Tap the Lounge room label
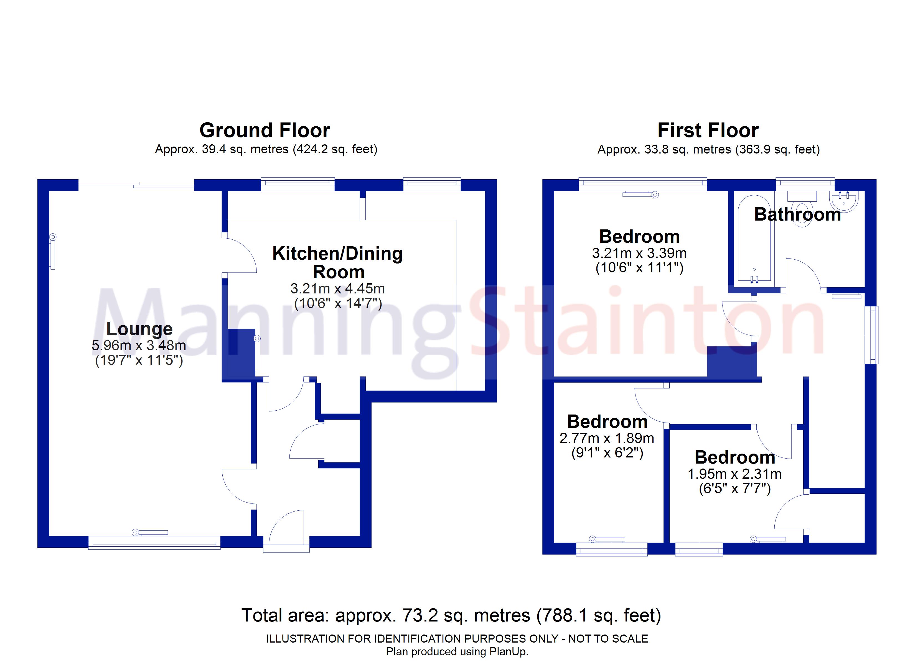pos(139,329)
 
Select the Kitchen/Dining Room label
pos(338,262)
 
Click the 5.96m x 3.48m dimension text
pos(139,346)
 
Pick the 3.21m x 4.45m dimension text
pos(338,289)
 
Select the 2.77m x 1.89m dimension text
pos(607,438)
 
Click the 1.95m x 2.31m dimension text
pos(735,474)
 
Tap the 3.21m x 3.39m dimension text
pos(639,253)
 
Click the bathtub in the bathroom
pos(754,242)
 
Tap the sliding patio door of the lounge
pos(136,185)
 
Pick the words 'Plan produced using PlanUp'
pos(457,652)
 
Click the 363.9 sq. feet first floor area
pos(778,150)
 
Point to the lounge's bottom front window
pos(154,543)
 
